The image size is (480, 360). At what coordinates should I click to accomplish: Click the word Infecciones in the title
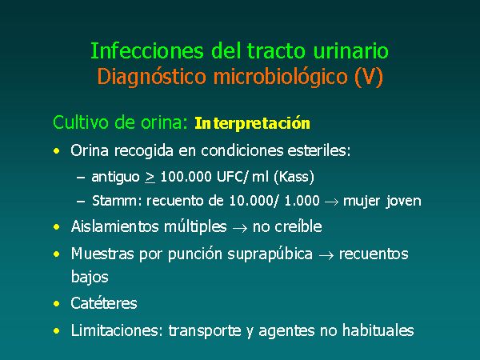[x=147, y=50]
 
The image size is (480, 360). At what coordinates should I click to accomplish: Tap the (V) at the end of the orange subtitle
[x=369, y=76]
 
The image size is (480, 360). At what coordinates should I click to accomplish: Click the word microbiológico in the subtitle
[x=281, y=76]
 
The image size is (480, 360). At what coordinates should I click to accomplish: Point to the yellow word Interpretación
[x=252, y=123]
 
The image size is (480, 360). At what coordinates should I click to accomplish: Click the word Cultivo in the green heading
[x=81, y=122]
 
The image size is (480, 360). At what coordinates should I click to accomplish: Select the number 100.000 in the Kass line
[x=186, y=177]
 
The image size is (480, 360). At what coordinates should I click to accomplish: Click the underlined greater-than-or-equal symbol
[x=150, y=178]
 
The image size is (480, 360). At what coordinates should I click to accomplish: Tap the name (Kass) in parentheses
[x=294, y=177]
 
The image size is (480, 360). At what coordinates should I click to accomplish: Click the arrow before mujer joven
[x=331, y=202]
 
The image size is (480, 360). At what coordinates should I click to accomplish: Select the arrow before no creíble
[x=240, y=228]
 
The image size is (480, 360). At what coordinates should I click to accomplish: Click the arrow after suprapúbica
[x=326, y=255]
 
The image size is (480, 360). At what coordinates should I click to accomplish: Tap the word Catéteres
[x=104, y=303]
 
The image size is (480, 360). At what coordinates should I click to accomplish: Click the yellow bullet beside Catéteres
[x=57, y=304]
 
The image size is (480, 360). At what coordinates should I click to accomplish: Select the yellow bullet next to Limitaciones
[x=57, y=331]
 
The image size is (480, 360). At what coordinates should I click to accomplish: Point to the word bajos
[x=90, y=277]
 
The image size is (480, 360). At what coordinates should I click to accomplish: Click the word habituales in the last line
[x=378, y=330]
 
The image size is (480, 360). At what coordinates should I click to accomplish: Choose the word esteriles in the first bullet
[x=319, y=150]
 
